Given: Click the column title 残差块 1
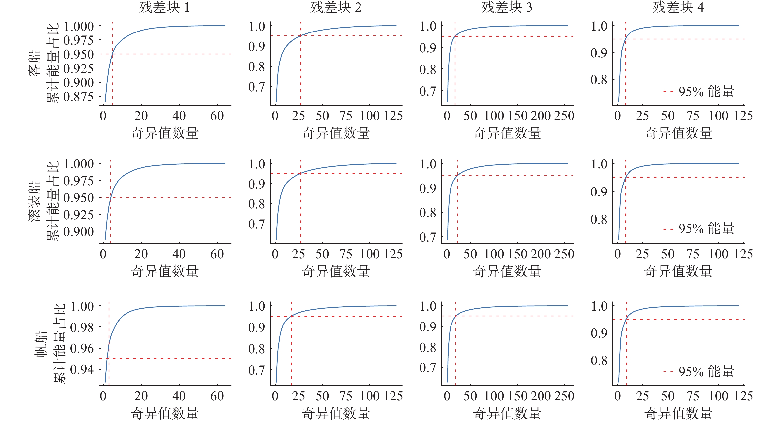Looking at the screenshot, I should pyautogui.click(x=164, y=7).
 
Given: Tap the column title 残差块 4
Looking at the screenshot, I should pyautogui.click(x=678, y=7).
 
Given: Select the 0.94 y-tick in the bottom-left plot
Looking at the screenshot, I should pyautogui.click(x=82, y=369).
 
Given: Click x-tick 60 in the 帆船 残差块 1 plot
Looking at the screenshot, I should pyautogui.click(x=217, y=396).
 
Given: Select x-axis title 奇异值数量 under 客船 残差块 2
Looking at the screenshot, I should pyautogui.click(x=336, y=133).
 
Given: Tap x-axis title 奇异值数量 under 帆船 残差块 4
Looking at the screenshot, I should pyautogui.click(x=678, y=413).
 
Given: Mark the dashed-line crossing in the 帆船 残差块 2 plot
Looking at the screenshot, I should pyautogui.click(x=291, y=316).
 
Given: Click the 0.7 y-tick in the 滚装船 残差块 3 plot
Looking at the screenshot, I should pyautogui.click(x=427, y=237).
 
